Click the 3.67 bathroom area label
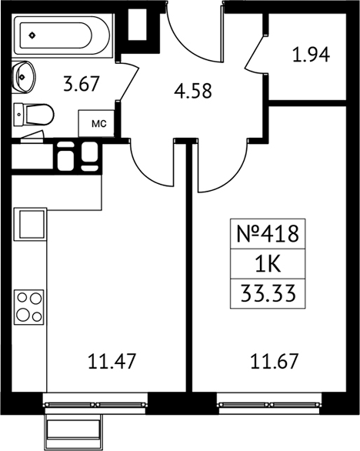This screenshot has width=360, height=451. pyautogui.click(x=82, y=84)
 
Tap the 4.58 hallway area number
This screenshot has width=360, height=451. pyautogui.click(x=193, y=91)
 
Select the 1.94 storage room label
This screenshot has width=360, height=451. pyautogui.click(x=311, y=55)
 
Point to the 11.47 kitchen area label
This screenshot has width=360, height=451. pyautogui.click(x=112, y=361)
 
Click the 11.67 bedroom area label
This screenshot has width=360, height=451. pyautogui.click(x=275, y=361)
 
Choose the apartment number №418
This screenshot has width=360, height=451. pyautogui.click(x=268, y=233)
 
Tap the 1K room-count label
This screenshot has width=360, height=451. pyautogui.click(x=268, y=264)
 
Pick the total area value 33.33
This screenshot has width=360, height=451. pyautogui.click(x=268, y=294)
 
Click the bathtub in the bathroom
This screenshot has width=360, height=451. pyautogui.click(x=62, y=35)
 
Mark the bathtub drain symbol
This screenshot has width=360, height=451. pyautogui.click(x=32, y=35)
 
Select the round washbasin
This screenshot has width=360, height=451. pyautogui.click(x=24, y=77)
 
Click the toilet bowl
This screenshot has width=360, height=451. pyautogui.click(x=34, y=114)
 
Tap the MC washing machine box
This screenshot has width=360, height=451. pyautogui.click(x=96, y=123)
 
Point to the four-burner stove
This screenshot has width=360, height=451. pyautogui.click(x=29, y=307)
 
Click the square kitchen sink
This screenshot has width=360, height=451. pyautogui.click(x=31, y=224)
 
